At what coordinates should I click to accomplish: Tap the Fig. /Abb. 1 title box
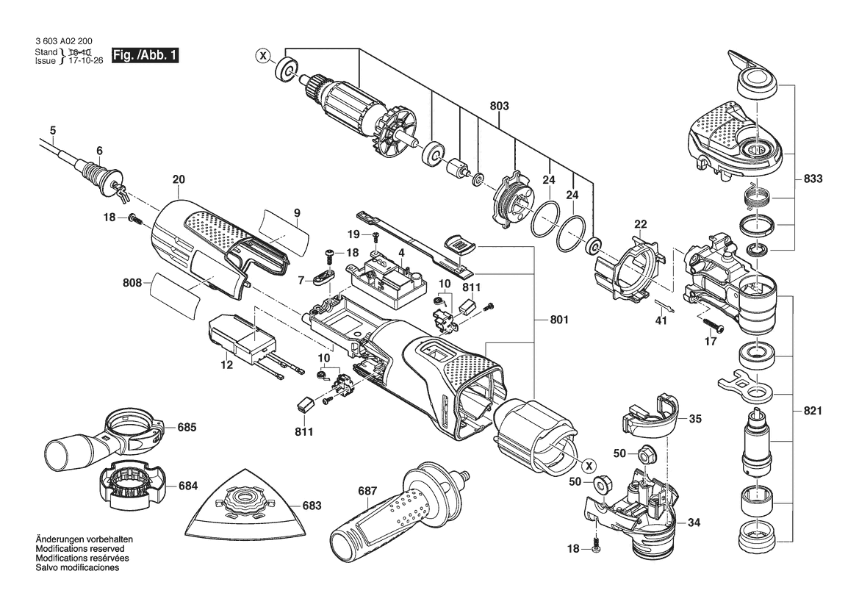coord(145,55)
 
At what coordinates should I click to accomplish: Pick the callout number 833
coord(813,179)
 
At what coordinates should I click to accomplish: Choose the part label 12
coord(226,365)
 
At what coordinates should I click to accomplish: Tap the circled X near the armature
coord(262,55)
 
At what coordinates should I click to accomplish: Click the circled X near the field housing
coord(588,465)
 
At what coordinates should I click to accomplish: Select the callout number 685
coord(187,426)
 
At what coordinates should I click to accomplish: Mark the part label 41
coord(661,320)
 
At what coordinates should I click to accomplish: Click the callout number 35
coord(695,419)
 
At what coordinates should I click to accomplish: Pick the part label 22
coord(641,224)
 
